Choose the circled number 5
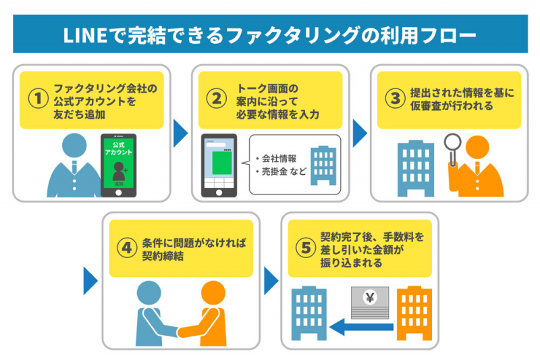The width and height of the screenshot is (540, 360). tap(306, 247)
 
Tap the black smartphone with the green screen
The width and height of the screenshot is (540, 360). tap(118, 165)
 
